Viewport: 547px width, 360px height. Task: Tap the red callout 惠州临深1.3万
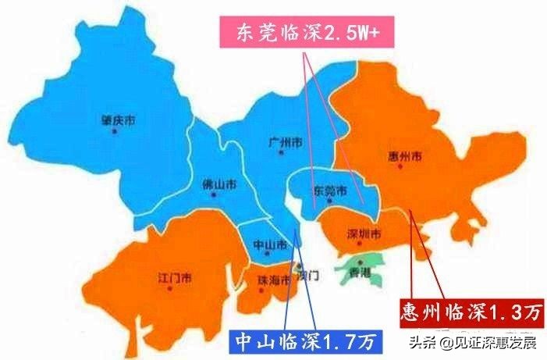click(471, 312)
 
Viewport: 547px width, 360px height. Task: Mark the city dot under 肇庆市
click(115, 131)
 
